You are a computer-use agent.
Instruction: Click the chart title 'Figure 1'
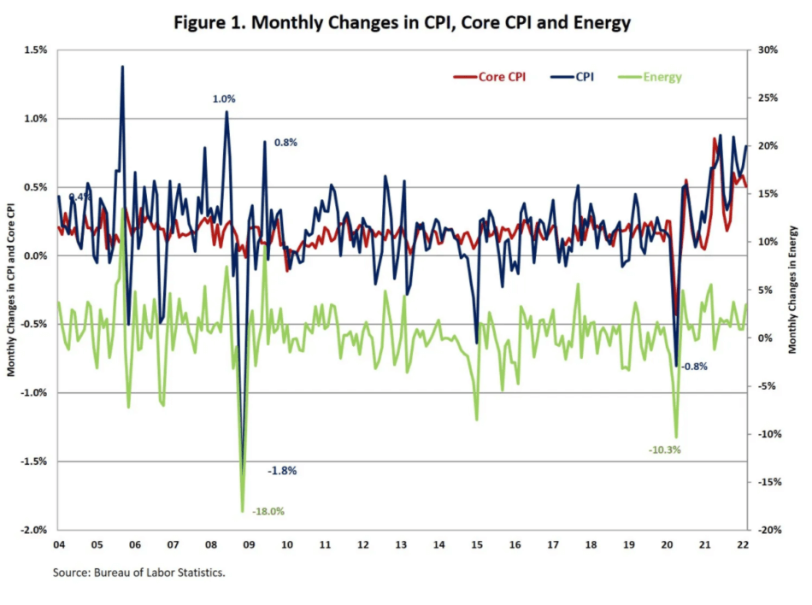[x=402, y=22]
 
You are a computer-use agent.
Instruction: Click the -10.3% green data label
[x=664, y=449]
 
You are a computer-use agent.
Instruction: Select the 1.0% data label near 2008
[x=224, y=99]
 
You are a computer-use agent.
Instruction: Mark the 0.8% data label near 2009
[x=285, y=143]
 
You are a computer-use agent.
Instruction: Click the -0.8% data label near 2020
[x=694, y=367]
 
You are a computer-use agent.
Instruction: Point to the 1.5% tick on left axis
[x=35, y=50]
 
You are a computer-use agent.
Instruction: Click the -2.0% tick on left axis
[x=33, y=530]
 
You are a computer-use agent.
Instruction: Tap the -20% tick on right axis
[x=767, y=530]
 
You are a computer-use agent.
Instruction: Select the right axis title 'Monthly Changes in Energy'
[x=792, y=289]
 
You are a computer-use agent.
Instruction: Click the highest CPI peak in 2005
[x=122, y=67]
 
